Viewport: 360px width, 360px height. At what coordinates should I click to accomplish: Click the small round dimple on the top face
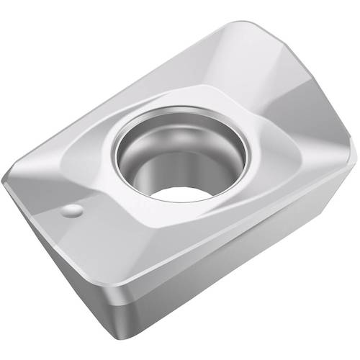(x=71, y=211)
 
